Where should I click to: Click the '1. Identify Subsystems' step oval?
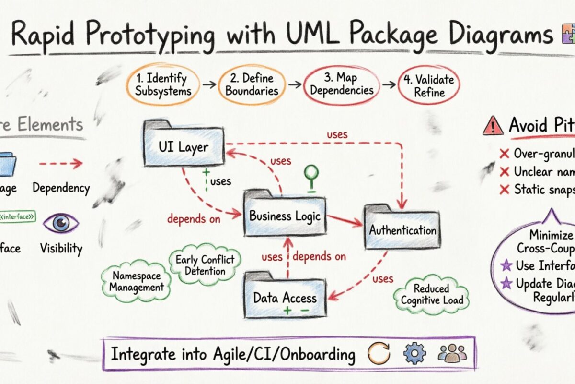point(162,84)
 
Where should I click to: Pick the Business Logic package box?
point(285,216)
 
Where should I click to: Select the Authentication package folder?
point(402,229)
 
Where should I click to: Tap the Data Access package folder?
point(285,297)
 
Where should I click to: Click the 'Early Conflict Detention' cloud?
point(205,265)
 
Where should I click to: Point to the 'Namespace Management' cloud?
point(136,281)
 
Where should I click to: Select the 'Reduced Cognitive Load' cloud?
point(431,294)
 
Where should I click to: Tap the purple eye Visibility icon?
point(61,223)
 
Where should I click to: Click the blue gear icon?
point(414,354)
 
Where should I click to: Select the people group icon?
point(452,354)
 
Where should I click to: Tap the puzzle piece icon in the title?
point(567,35)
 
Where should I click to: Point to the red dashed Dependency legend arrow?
point(61,164)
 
